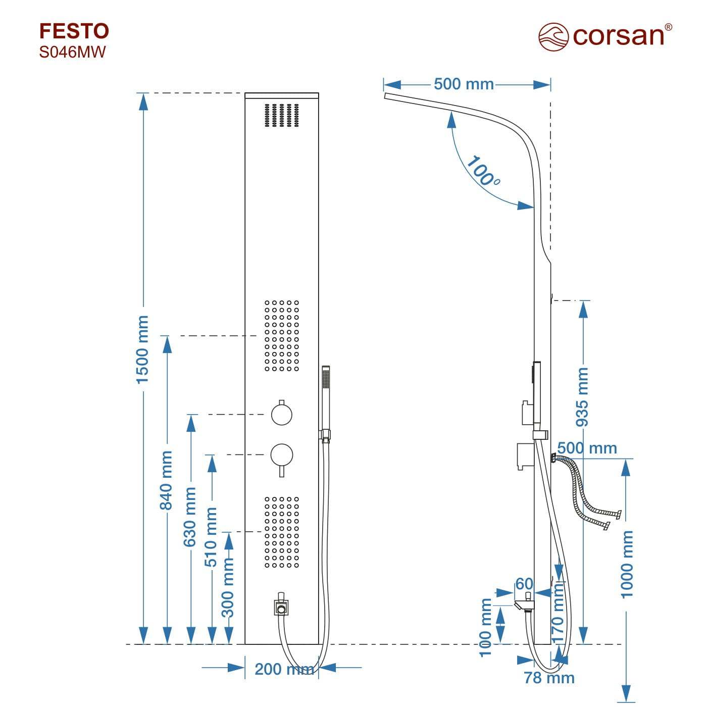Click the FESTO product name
tap(74, 31)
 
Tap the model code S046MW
tap(72, 52)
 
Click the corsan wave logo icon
tap(553, 36)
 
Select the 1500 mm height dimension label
tap(143, 349)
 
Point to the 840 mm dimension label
tap(167, 480)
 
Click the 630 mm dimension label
tap(190, 517)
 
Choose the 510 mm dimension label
tap(211, 537)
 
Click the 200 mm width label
tap(284, 669)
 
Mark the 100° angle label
tap(482, 171)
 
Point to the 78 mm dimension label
tap(549, 678)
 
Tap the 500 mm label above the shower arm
tap(464, 84)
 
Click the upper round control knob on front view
tap(281, 414)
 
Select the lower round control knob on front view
tap(281, 454)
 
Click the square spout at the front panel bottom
tap(281, 608)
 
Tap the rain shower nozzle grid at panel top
tap(282, 115)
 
